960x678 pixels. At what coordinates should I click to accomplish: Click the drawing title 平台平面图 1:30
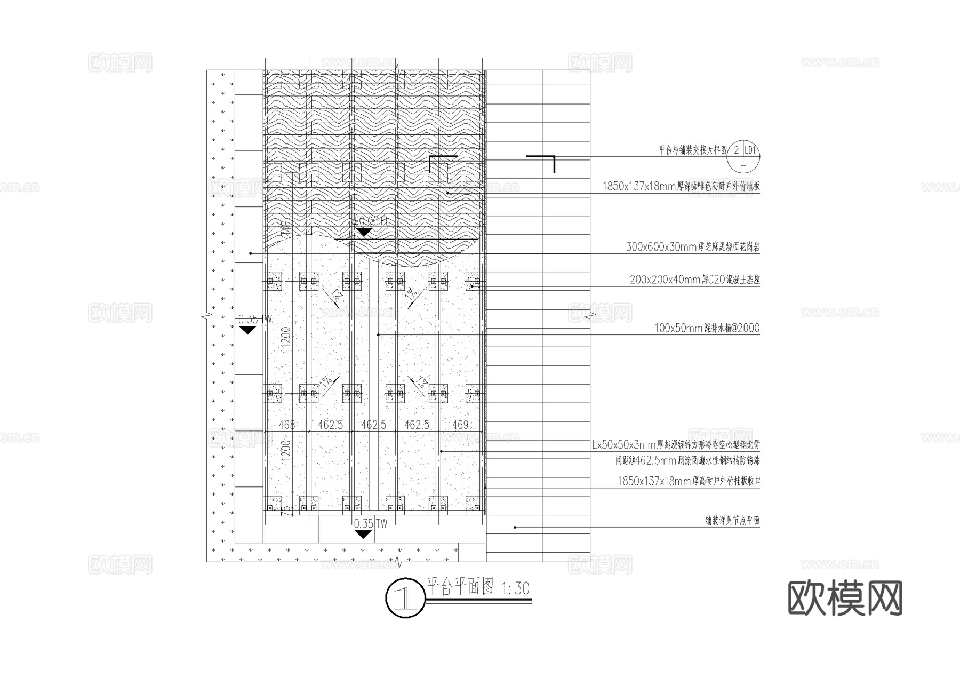pos(478,588)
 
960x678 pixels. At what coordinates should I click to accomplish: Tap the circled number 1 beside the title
pos(405,598)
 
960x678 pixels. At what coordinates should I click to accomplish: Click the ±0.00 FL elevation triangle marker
pos(364,232)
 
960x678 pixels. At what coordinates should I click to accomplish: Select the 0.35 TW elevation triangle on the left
pos(247,331)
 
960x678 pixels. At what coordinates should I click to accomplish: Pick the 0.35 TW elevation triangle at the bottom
pos(363,535)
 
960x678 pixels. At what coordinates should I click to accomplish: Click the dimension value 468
pos(287,425)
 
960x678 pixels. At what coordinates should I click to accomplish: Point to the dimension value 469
pos(460,425)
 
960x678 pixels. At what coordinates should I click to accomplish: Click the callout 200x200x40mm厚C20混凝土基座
pos(694,280)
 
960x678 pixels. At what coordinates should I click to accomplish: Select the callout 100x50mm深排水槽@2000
pos(707,328)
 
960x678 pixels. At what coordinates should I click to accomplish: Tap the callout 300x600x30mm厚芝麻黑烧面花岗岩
pos(692,247)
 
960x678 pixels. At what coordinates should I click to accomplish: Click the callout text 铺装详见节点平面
pos(732,521)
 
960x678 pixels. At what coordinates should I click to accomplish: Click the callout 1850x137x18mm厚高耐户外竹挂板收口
pos(689,481)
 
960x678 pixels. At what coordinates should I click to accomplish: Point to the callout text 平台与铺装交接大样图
pos(692,150)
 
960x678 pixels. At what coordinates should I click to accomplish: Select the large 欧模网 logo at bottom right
pos(845,598)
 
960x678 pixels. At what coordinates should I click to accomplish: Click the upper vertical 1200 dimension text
pos(286,337)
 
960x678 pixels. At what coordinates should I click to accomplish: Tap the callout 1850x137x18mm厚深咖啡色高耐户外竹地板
pos(681,187)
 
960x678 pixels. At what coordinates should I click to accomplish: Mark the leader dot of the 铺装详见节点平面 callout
pos(515,528)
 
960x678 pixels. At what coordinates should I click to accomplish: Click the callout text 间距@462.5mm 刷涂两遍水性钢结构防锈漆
pos(687,460)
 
